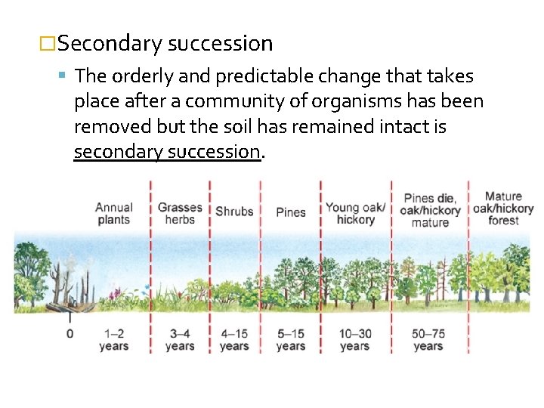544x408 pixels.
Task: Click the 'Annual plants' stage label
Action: tap(113, 213)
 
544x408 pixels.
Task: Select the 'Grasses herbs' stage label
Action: tap(180, 213)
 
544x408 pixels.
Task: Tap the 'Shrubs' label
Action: tap(234, 212)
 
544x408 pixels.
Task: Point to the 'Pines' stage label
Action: tap(291, 212)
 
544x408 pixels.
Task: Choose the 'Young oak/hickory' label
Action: tap(355, 213)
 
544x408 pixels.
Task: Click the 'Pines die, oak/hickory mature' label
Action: tap(430, 211)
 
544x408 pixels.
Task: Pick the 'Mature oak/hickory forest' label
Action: tap(503, 209)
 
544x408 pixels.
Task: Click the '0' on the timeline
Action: tap(70, 333)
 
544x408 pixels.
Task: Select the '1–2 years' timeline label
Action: tap(113, 339)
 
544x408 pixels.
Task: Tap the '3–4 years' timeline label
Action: tap(180, 339)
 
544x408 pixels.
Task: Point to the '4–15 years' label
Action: tap(234, 339)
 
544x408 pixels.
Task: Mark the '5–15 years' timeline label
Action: tap(291, 339)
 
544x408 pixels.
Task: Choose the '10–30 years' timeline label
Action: tap(355, 339)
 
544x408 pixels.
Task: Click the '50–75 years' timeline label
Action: tap(428, 339)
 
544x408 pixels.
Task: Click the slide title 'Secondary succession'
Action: tap(165, 44)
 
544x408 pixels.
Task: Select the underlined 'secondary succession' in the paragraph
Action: tap(167, 151)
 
